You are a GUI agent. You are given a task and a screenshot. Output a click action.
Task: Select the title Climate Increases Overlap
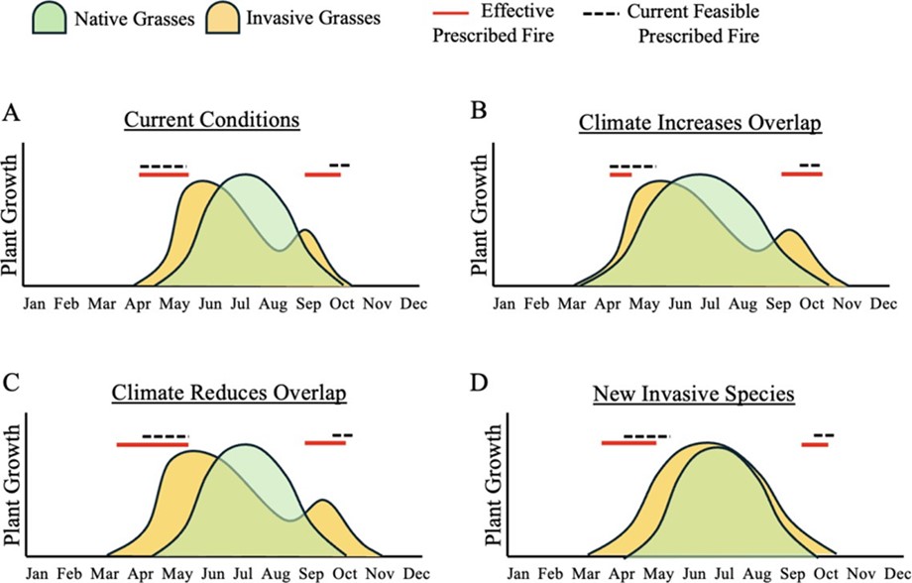[699, 126]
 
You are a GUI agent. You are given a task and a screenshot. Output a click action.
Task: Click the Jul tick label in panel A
[240, 303]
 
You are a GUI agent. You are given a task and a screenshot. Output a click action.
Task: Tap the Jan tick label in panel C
[37, 573]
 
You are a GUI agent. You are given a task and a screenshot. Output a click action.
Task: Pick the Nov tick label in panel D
[850, 573]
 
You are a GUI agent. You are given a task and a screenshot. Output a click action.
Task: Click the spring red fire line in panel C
[152, 445]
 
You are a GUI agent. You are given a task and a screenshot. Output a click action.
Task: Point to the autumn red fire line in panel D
[815, 445]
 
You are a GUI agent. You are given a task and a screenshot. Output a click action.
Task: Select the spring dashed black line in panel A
[162, 166]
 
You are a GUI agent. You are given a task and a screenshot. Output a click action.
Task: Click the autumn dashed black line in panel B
[809, 166]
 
